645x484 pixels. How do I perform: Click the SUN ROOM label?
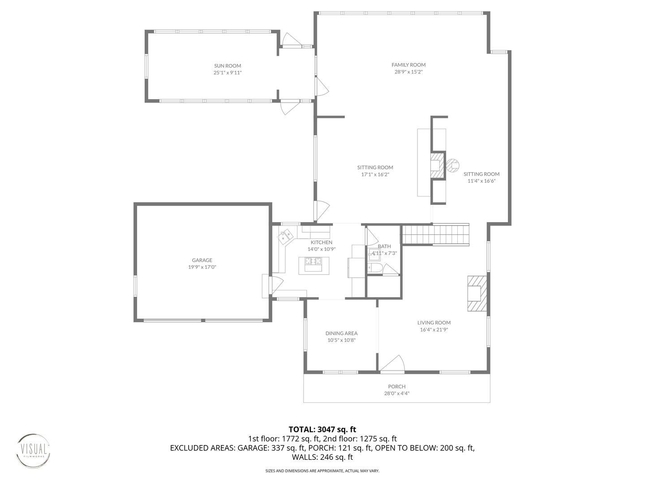[228, 66]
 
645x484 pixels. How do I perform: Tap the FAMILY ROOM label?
[408, 65]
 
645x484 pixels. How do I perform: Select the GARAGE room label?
[202, 260]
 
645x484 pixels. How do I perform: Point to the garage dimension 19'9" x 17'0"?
[202, 267]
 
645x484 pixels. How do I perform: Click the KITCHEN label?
[322, 242]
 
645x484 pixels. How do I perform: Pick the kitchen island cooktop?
[314, 261]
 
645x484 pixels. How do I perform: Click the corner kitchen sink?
[286, 236]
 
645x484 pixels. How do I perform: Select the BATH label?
[384, 246]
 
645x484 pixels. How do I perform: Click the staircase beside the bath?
[435, 234]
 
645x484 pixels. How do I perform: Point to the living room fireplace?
[477, 293]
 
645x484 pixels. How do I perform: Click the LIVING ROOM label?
[434, 323]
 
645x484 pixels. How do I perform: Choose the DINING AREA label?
[341, 333]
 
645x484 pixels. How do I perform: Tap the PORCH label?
[397, 387]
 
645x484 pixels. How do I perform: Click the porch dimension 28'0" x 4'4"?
[397, 393]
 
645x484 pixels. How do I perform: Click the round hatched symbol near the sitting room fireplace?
[453, 166]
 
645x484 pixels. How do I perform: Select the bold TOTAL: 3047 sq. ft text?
[322, 430]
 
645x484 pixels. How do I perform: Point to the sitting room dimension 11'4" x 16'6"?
[482, 181]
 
